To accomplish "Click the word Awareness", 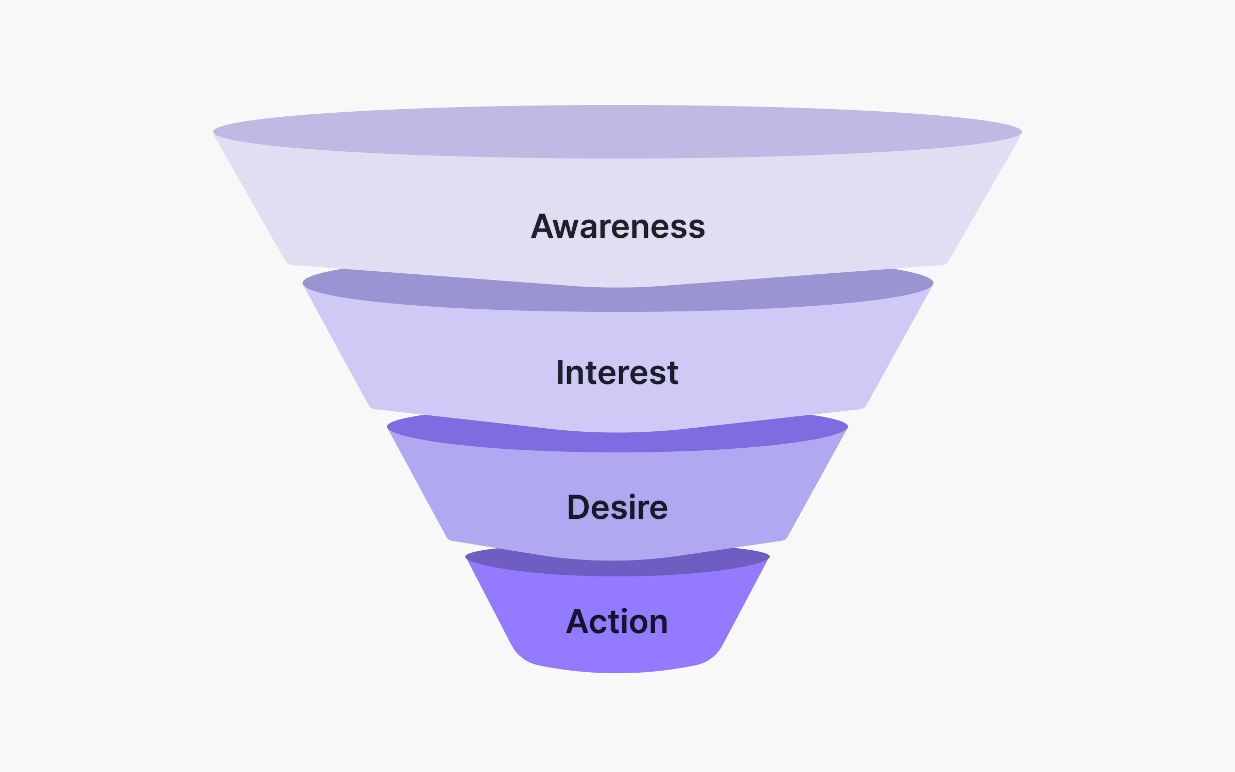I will (617, 227).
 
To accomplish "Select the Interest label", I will (617, 373).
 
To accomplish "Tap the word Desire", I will (617, 507).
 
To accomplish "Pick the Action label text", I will (617, 622).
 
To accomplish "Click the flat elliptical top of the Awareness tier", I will (617, 131).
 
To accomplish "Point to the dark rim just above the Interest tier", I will (617, 301).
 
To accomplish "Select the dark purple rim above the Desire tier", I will (617, 443).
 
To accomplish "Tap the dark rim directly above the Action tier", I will (617, 568).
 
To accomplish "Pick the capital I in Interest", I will (561, 373).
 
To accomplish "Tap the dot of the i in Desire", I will (632, 497).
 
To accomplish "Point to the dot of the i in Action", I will (624, 611).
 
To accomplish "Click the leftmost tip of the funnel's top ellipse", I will (215, 132).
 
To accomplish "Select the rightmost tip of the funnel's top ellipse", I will (1020, 132).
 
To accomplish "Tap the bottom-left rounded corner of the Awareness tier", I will (288, 262).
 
